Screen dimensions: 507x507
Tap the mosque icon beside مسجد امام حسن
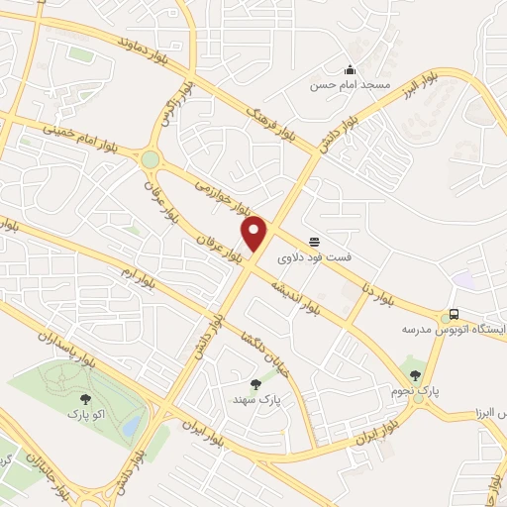350,69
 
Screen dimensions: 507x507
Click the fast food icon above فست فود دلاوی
315,241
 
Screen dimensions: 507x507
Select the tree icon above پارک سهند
255,383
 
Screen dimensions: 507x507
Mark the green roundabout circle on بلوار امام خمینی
150,159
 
